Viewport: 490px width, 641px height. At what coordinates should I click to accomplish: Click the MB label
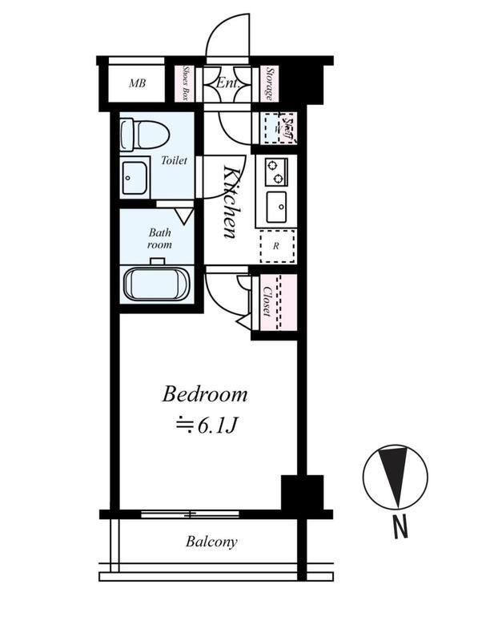(x=137, y=83)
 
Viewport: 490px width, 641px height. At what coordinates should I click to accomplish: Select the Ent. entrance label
(x=227, y=83)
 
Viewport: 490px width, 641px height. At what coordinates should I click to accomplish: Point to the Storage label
(x=270, y=83)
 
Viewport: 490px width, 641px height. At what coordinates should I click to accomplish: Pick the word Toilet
(x=174, y=160)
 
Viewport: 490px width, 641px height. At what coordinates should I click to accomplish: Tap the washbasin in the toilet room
(x=135, y=178)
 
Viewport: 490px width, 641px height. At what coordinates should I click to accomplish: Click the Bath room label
(x=159, y=239)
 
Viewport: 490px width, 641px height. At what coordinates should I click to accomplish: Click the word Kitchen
(x=231, y=202)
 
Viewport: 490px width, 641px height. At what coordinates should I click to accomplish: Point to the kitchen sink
(x=276, y=207)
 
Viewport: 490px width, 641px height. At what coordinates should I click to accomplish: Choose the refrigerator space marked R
(x=277, y=247)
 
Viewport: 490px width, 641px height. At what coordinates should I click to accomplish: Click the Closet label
(x=267, y=301)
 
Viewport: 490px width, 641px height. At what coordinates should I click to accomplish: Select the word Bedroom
(x=205, y=395)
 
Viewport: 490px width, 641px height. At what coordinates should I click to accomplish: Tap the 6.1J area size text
(x=206, y=426)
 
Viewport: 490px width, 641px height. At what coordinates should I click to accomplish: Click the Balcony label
(x=211, y=542)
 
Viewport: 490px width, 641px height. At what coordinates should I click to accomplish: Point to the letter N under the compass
(x=400, y=527)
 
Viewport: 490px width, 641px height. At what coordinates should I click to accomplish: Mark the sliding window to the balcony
(x=190, y=514)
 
